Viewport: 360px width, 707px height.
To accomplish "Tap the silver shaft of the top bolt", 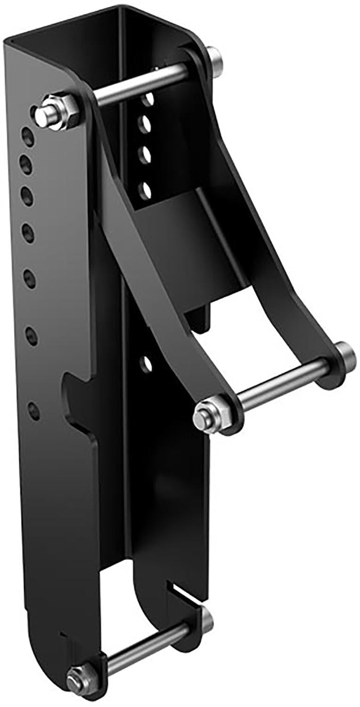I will pos(141,85).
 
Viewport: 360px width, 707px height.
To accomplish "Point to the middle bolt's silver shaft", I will pos(283,382).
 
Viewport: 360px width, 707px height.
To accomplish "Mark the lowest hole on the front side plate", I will pos(33,410).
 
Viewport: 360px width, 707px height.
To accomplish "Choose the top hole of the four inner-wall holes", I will pos(149,99).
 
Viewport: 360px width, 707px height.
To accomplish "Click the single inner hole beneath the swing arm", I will pos(147,363).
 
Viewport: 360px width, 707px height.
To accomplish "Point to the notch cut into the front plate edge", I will pos(78,401).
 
